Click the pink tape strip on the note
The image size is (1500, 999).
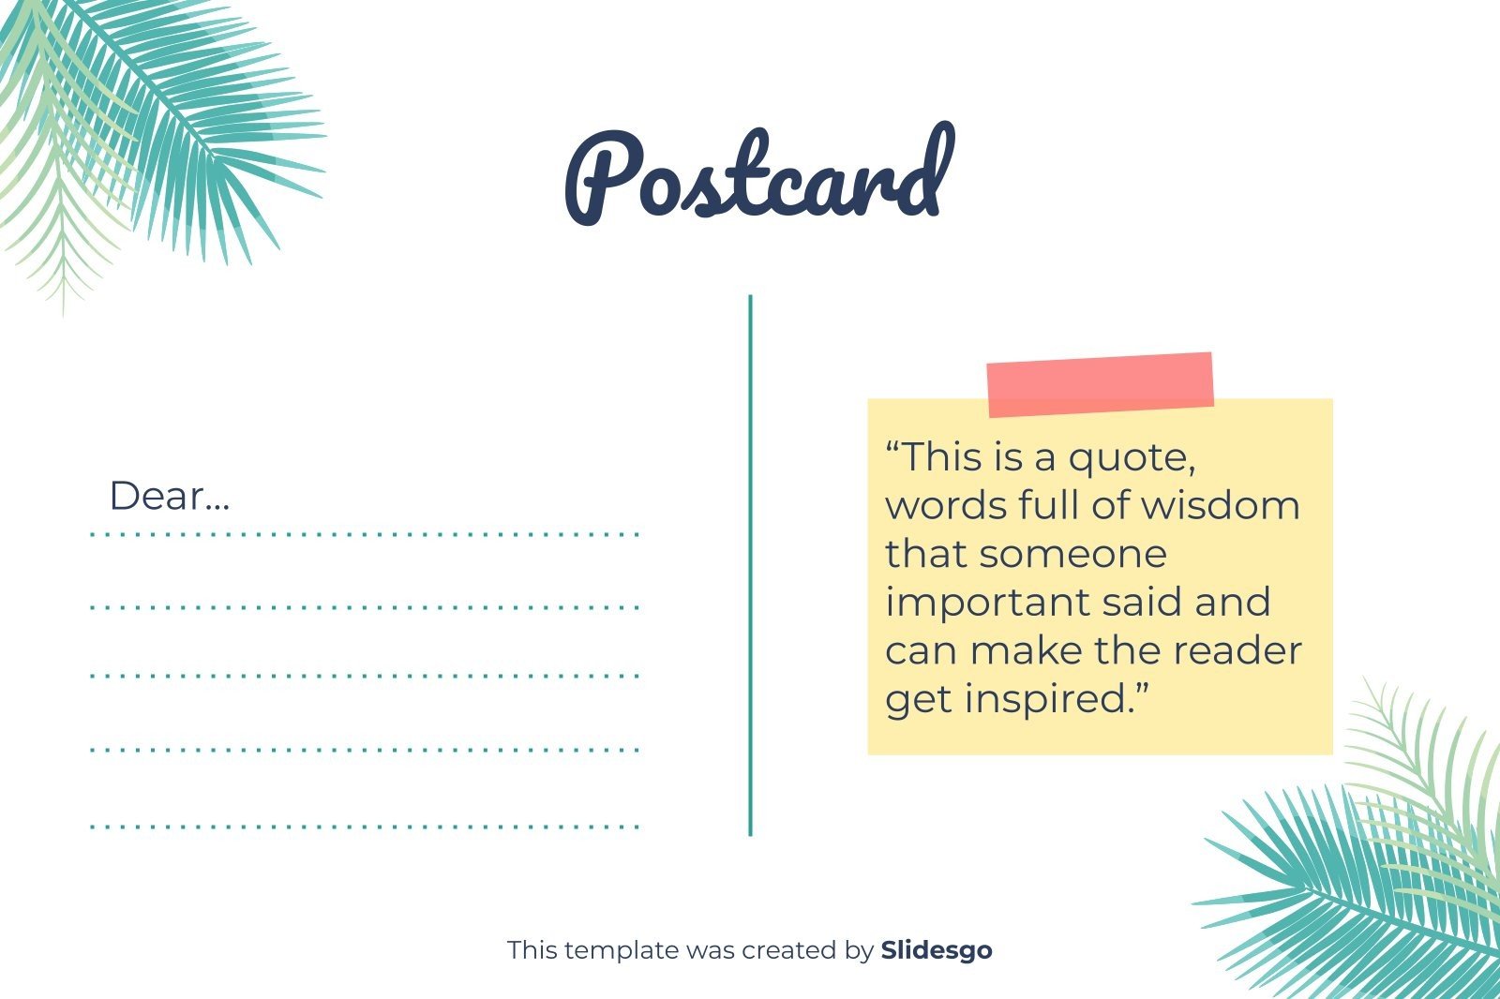point(1100,384)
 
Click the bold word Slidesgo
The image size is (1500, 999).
point(936,950)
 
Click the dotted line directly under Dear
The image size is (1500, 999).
point(365,534)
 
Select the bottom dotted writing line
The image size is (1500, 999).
point(365,827)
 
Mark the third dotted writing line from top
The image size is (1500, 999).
point(365,675)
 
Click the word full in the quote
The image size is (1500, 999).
point(1049,506)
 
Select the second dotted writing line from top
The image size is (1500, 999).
point(365,607)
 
